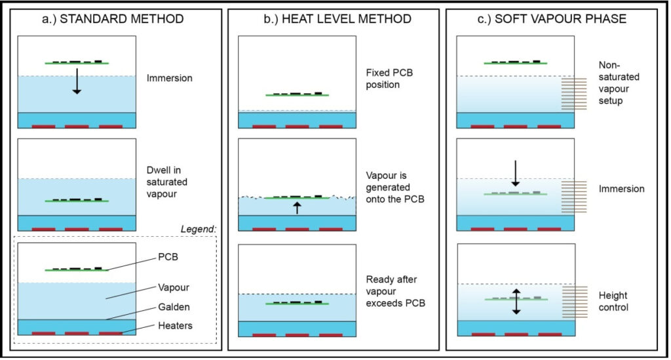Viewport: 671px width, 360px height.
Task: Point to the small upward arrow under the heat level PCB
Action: [297, 208]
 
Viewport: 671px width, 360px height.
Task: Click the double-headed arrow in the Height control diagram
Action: [516, 302]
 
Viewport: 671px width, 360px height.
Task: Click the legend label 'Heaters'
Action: [174, 327]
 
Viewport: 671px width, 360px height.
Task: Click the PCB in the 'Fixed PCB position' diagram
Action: [297, 95]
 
